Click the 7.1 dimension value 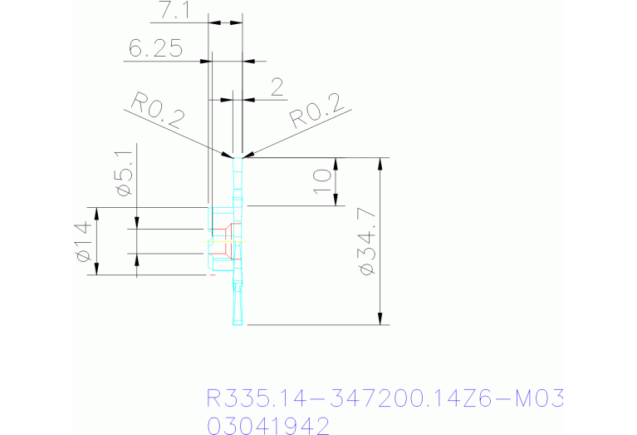(x=174, y=11)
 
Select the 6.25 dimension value (x=155, y=48)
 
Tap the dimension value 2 (x=277, y=87)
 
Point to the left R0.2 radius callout (x=158, y=111)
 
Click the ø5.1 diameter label (x=125, y=172)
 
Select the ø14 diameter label (x=83, y=241)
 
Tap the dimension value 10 (x=323, y=181)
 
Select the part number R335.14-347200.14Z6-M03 (x=385, y=398)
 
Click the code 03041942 (x=268, y=426)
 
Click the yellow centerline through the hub (x=225, y=242)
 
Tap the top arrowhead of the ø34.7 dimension (x=380, y=164)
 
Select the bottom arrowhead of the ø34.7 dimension (x=380, y=319)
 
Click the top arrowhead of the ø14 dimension (x=96, y=213)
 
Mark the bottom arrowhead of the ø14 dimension (x=96, y=269)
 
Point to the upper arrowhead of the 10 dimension (x=336, y=164)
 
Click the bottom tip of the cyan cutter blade (x=238, y=324)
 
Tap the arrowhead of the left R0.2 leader (x=227, y=155)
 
